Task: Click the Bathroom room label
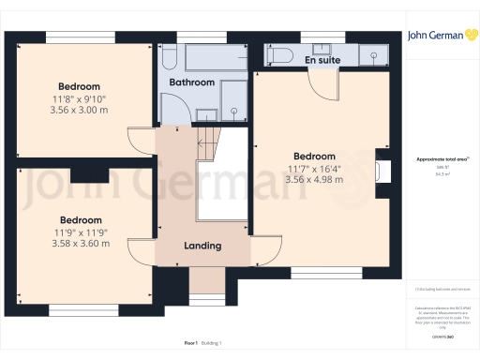click(192, 82)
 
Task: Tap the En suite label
click(322, 60)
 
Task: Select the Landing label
click(202, 246)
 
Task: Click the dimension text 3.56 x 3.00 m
click(79, 109)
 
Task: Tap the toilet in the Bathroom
click(168, 60)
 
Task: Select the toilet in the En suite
click(280, 54)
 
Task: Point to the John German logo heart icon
click(466, 35)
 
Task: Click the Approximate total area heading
click(441, 159)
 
